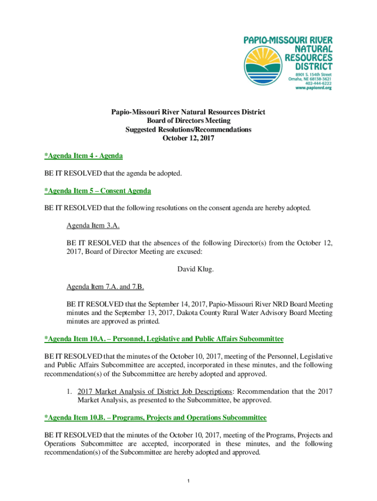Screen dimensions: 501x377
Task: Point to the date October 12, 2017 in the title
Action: (x=188, y=138)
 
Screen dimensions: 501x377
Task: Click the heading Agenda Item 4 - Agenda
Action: (x=83, y=156)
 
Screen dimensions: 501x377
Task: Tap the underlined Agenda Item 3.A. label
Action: (x=93, y=226)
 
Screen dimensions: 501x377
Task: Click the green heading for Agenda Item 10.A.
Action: (x=164, y=339)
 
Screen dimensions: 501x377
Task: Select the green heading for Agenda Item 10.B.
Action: (x=156, y=418)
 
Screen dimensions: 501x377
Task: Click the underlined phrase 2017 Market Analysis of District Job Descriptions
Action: (x=155, y=391)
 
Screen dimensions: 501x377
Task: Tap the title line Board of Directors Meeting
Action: (x=188, y=121)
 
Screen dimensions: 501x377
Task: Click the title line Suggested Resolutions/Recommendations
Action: (x=188, y=130)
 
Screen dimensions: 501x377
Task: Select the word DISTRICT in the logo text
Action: (x=309, y=66)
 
